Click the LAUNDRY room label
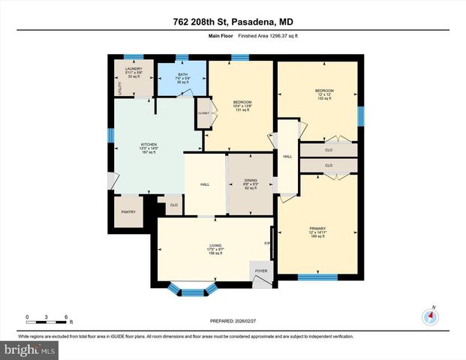pyautogui.click(x=134, y=68)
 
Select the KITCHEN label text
pyautogui.click(x=149, y=144)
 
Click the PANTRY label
pyautogui.click(x=128, y=212)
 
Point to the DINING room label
pyautogui.click(x=251, y=180)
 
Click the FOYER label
pyautogui.click(x=261, y=271)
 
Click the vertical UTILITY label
pyautogui.click(x=119, y=87)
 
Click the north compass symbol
pyautogui.click(x=431, y=316)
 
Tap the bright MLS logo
pyautogui.click(x=29, y=349)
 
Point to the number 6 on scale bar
pyautogui.click(x=66, y=317)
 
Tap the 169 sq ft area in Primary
pyautogui.click(x=317, y=237)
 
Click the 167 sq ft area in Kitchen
pyautogui.click(x=149, y=153)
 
